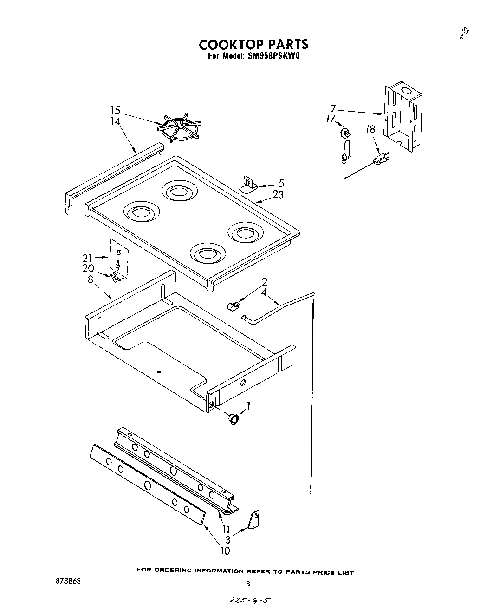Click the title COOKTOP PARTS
[x=253, y=44]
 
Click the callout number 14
[x=115, y=121]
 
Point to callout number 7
[x=333, y=108]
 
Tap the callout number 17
[x=331, y=120]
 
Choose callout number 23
[x=278, y=195]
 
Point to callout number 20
[x=88, y=268]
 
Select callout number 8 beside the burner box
[x=90, y=279]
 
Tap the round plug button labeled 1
[x=234, y=418]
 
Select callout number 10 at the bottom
[x=225, y=551]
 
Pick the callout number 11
[x=226, y=530]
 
